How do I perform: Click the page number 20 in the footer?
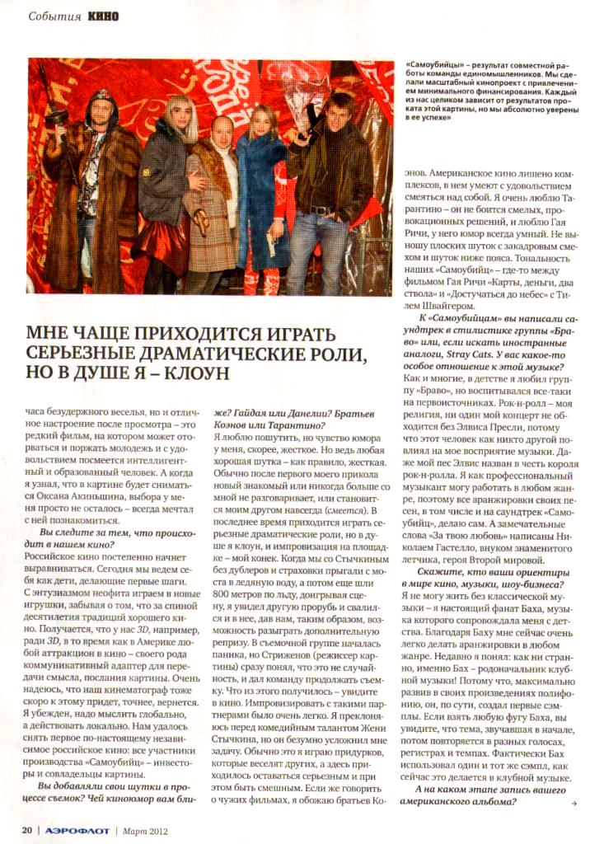pyautogui.click(x=26, y=828)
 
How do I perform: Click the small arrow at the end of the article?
pyautogui.click(x=562, y=800)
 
